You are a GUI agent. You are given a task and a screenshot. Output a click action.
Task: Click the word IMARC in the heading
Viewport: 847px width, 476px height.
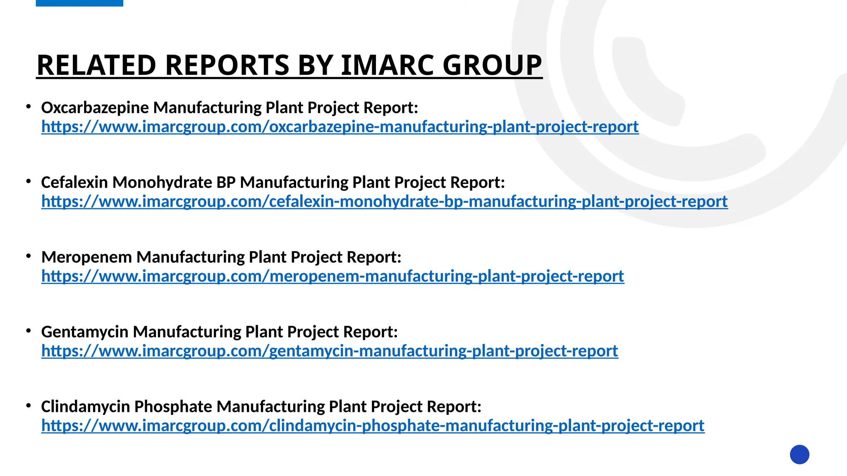[x=387, y=65]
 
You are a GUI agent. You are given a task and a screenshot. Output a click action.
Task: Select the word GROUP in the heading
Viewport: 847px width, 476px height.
[x=492, y=65]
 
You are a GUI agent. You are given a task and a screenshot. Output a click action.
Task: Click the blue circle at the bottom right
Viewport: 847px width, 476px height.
[x=799, y=455]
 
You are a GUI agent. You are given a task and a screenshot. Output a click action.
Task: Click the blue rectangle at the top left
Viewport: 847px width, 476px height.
[x=79, y=3]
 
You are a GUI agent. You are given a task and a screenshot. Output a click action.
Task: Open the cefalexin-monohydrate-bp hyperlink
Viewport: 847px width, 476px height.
[x=384, y=201]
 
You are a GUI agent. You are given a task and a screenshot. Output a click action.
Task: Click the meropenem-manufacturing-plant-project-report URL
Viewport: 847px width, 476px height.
[x=333, y=276]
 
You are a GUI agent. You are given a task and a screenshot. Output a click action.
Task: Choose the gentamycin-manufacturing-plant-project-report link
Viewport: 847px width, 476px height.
[x=330, y=351]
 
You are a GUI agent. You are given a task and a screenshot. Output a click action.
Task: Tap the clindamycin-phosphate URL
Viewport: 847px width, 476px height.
[x=373, y=426]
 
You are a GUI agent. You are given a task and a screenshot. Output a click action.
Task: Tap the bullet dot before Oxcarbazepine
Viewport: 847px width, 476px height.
[x=29, y=107]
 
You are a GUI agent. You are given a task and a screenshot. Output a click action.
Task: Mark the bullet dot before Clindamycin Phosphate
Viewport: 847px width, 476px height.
[x=29, y=406]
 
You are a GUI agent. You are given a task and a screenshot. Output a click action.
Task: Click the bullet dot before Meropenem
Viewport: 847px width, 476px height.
[x=29, y=257]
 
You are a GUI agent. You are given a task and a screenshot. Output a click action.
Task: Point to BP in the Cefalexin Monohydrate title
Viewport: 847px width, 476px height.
[x=226, y=183]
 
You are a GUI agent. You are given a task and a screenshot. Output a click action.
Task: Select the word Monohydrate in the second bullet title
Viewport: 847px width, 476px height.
[x=162, y=183]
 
